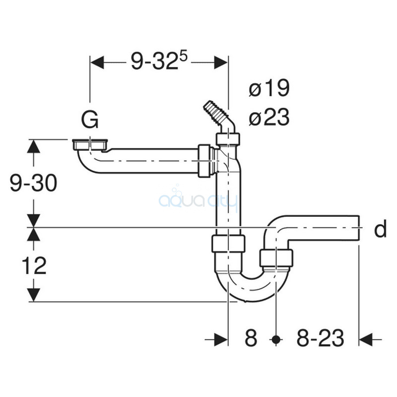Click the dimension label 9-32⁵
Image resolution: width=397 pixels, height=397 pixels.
[x=159, y=61]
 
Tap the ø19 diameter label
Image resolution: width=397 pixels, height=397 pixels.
[x=269, y=88]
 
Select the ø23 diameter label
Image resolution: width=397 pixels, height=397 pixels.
[x=269, y=117]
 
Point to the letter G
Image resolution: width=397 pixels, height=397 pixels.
[x=90, y=120]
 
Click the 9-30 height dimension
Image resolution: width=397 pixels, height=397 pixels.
[x=33, y=183]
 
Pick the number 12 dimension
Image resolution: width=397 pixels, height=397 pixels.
[x=34, y=265]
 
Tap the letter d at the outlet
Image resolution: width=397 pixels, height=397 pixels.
[x=380, y=229]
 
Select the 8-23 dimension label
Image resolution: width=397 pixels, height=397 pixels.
[x=320, y=337]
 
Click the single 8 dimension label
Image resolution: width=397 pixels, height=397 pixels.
[x=251, y=337]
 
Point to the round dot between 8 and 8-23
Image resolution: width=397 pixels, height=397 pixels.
[x=276, y=339]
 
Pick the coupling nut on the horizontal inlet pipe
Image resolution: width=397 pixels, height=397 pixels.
[x=204, y=161]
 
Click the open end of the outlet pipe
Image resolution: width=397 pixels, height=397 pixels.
[x=358, y=228]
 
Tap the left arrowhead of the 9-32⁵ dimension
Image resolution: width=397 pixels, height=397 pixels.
[x=97, y=63]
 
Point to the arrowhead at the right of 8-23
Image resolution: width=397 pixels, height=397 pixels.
[x=366, y=339]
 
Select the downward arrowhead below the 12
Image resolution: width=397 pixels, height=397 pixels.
[x=34, y=295]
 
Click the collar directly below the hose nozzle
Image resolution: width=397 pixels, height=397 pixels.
[x=228, y=139]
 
